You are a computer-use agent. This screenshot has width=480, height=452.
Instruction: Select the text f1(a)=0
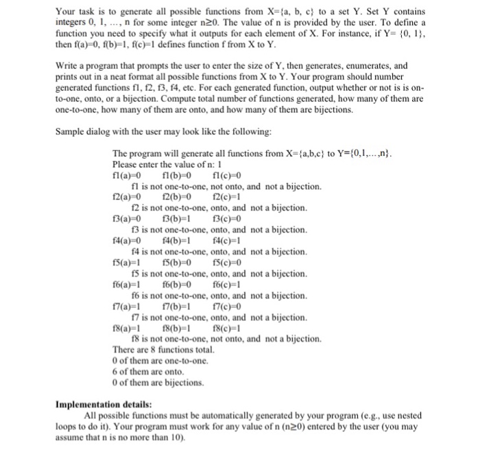127,175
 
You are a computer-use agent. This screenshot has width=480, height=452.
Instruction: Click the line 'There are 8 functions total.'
163,350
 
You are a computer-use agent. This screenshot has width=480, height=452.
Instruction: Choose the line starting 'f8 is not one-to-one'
226,339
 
